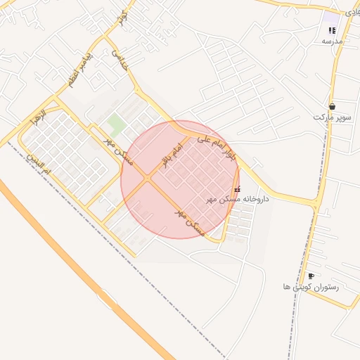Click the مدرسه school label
pos(332,41)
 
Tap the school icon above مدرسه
pos(332,30)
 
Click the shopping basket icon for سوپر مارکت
pos(332,106)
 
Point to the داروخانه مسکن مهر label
pos(238,200)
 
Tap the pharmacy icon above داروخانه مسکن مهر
pos(236,188)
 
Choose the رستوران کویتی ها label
pos(310,287)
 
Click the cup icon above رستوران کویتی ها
pos(311,276)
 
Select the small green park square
pos(117,125)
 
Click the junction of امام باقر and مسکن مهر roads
pos(148,179)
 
